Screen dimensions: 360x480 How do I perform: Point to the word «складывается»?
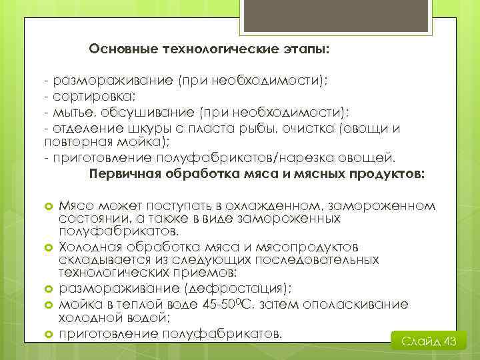(97, 259)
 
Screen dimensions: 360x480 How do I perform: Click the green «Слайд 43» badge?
(428, 341)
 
